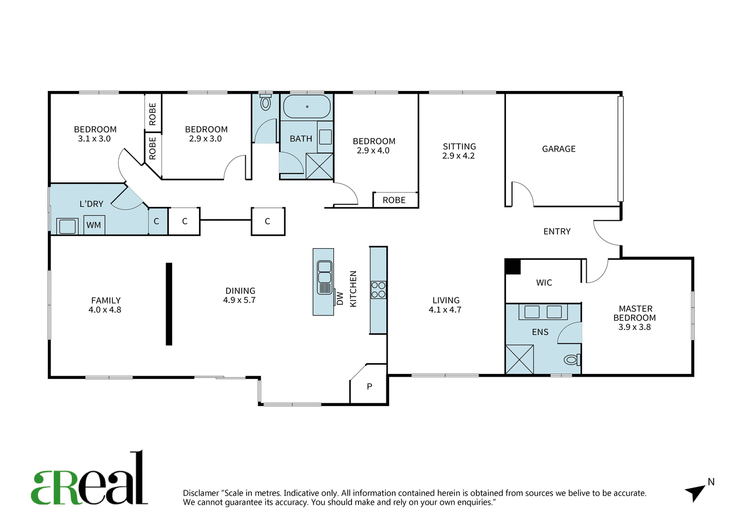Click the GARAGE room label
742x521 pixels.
coord(558,149)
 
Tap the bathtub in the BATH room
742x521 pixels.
coord(307,107)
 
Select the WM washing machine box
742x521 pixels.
coord(94,225)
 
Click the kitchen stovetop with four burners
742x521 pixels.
coord(378,289)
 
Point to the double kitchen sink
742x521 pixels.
coord(324,277)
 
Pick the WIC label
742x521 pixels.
coord(544,283)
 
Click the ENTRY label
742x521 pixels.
coord(557,232)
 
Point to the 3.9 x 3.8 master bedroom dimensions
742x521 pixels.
coord(634,327)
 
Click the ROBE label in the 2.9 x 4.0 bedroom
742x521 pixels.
coord(394,200)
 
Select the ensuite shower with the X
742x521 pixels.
coord(519,360)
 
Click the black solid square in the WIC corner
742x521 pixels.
coord(513,266)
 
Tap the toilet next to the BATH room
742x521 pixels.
coord(265,103)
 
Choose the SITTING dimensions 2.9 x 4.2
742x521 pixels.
coord(459,156)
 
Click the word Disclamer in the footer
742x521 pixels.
coord(201,493)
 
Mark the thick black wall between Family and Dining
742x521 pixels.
coord(169,304)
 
